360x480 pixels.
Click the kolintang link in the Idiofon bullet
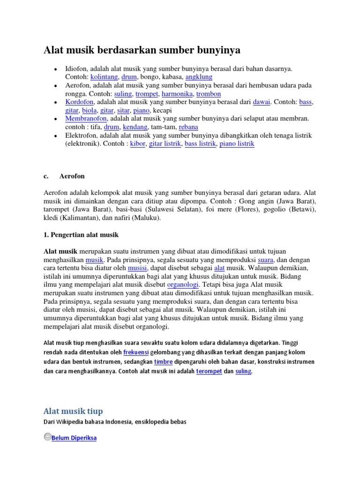pos(104,76)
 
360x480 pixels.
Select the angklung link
pos(199,76)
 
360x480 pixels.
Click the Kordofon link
pos(80,102)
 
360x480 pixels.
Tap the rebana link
pos(188,127)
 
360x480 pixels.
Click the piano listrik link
pos(237,144)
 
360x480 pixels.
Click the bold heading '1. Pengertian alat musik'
pos(82,234)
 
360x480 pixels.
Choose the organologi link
pos(183,285)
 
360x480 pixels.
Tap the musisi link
pos(138,268)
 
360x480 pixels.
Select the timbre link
pos(150,362)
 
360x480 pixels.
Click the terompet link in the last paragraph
pos(209,372)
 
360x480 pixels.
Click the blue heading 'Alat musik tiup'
pos(73,412)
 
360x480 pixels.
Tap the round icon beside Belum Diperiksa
pos(47,437)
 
